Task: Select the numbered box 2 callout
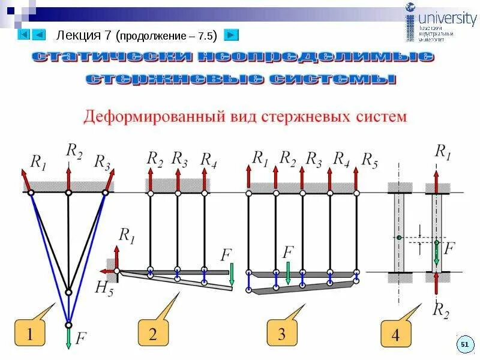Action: pos(152,334)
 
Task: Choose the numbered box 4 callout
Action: pos(395,335)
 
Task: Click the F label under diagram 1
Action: pos(82,339)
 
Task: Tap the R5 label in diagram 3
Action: pos(369,160)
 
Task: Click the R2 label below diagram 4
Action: pos(442,310)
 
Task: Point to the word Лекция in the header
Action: pos(77,35)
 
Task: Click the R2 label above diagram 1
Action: pos(74,151)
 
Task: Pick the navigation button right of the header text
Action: pos(230,35)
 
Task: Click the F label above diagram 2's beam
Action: pos(226,255)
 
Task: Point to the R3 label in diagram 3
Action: pos(314,159)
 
